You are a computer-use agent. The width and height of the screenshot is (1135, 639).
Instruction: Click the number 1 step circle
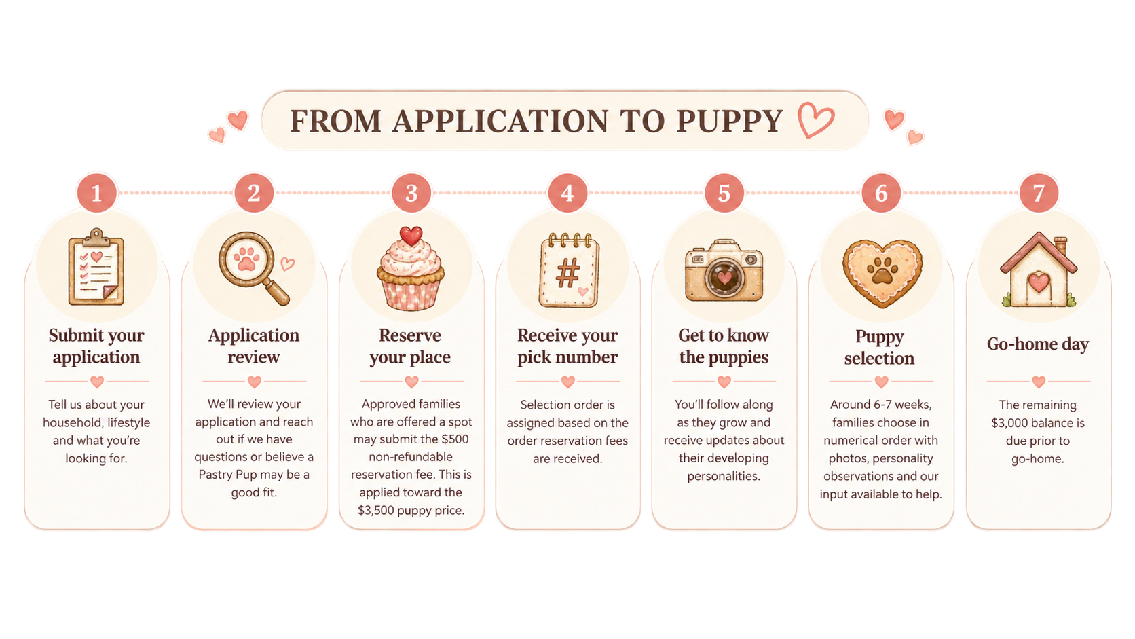[x=96, y=193]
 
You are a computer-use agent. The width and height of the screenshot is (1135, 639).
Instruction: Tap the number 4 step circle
[x=567, y=193]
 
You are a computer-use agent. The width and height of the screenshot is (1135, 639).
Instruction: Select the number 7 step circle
[x=1038, y=193]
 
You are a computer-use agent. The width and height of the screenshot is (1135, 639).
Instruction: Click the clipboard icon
[x=96, y=267]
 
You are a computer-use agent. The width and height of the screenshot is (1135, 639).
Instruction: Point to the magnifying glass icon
[x=253, y=268]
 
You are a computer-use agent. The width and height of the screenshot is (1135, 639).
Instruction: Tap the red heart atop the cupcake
[x=411, y=235]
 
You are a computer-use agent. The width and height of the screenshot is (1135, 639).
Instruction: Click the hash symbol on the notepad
[x=567, y=273]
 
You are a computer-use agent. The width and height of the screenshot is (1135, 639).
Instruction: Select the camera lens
[x=724, y=277]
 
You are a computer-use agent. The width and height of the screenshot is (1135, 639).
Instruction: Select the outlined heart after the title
[x=815, y=120]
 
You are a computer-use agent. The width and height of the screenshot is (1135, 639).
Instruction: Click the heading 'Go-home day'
[x=1038, y=344]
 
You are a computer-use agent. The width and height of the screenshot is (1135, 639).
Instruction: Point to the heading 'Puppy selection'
[x=880, y=347]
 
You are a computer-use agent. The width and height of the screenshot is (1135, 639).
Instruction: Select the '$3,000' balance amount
[x=1009, y=422]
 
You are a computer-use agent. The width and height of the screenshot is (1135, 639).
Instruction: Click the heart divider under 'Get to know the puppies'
[x=724, y=382]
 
